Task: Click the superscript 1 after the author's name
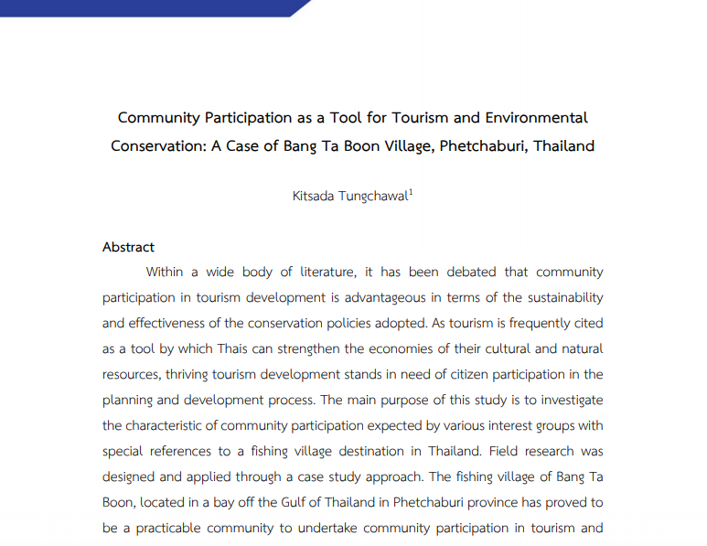(x=411, y=191)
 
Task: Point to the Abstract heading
(x=128, y=247)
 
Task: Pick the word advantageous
(x=379, y=297)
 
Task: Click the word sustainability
(x=562, y=297)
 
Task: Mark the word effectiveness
(x=177, y=323)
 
